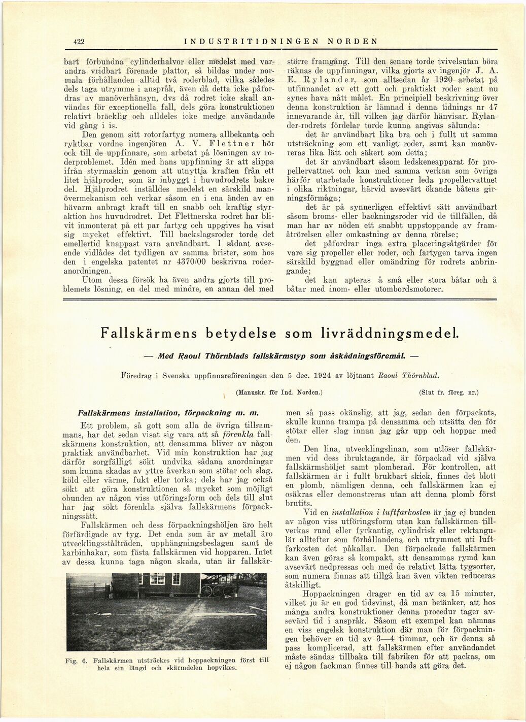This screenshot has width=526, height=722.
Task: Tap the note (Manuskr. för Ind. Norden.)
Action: [x=279, y=391]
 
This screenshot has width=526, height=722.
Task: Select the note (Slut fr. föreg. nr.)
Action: [x=449, y=391]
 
